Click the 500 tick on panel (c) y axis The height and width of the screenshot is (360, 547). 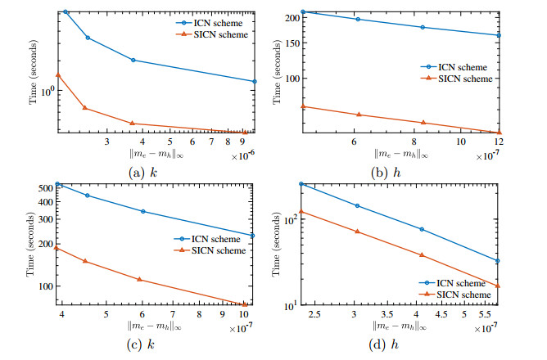point(43,188)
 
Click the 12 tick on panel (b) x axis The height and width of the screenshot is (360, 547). point(497,142)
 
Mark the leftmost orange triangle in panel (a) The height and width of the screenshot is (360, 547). point(57,75)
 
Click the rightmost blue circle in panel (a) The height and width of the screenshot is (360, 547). point(255,81)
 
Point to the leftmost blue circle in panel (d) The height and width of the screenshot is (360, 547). point(302,184)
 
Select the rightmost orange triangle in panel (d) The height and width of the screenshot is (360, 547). point(498,286)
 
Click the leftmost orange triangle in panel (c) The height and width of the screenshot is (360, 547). point(57,248)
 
